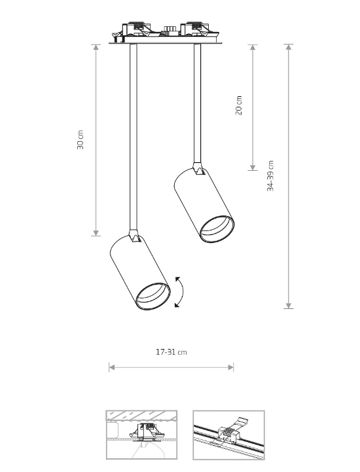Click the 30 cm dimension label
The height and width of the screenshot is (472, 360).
(80, 139)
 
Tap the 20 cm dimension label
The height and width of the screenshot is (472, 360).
(238, 105)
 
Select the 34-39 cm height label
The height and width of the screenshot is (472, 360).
(270, 176)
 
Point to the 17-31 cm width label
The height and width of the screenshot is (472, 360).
(171, 352)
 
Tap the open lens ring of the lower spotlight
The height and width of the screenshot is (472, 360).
(153, 296)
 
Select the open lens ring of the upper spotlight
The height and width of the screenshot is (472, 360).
(217, 229)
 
